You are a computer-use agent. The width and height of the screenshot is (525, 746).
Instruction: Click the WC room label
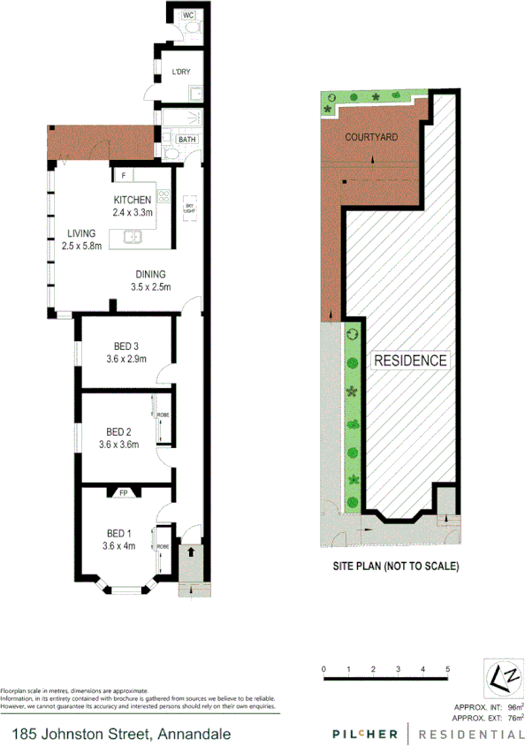coord(187,15)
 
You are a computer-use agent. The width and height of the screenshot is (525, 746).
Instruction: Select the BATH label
coord(186,140)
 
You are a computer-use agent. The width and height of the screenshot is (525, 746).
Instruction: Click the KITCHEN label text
coord(133,200)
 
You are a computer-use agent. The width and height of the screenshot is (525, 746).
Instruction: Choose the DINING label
coord(150,273)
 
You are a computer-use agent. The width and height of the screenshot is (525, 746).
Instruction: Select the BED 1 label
coord(119,533)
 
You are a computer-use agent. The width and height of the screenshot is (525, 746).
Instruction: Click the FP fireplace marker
coord(123,494)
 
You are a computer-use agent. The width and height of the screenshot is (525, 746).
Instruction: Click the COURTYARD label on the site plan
coord(371,138)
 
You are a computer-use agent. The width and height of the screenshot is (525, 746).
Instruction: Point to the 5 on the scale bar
coord(448,667)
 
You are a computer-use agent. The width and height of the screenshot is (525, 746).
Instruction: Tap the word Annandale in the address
coord(195,734)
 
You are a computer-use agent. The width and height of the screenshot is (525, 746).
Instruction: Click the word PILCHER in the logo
coord(364,734)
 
